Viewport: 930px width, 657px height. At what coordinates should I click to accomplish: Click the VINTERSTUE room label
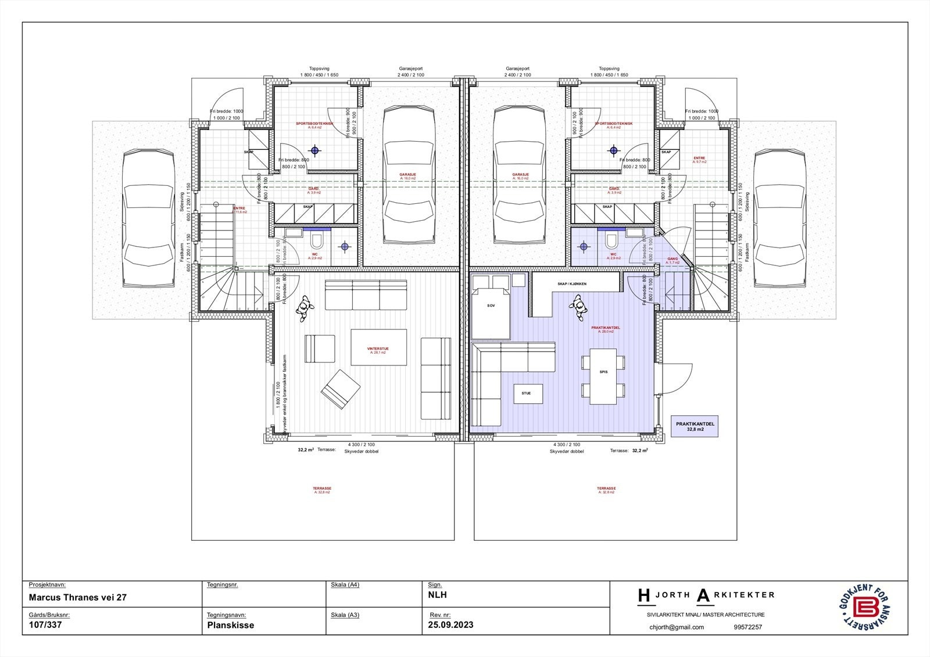[x=378, y=349]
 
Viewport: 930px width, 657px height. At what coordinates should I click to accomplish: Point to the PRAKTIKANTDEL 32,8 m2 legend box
[x=695, y=427]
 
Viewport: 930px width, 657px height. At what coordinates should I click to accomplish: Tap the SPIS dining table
[x=603, y=375]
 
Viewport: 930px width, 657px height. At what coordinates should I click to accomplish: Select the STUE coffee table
[x=526, y=393]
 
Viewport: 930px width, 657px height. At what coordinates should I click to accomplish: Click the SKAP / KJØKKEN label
[x=571, y=283]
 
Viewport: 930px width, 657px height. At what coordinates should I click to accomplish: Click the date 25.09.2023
[x=451, y=625]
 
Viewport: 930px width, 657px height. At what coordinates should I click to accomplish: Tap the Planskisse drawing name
[x=230, y=626]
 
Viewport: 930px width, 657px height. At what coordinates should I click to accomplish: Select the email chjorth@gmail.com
[x=677, y=627]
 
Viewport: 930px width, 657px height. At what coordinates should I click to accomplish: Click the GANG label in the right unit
[x=673, y=259]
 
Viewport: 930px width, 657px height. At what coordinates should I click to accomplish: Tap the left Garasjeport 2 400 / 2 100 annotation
[x=410, y=72]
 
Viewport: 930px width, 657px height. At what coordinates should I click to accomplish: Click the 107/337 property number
[x=45, y=626]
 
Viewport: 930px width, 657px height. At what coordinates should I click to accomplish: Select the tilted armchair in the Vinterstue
[x=341, y=389]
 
